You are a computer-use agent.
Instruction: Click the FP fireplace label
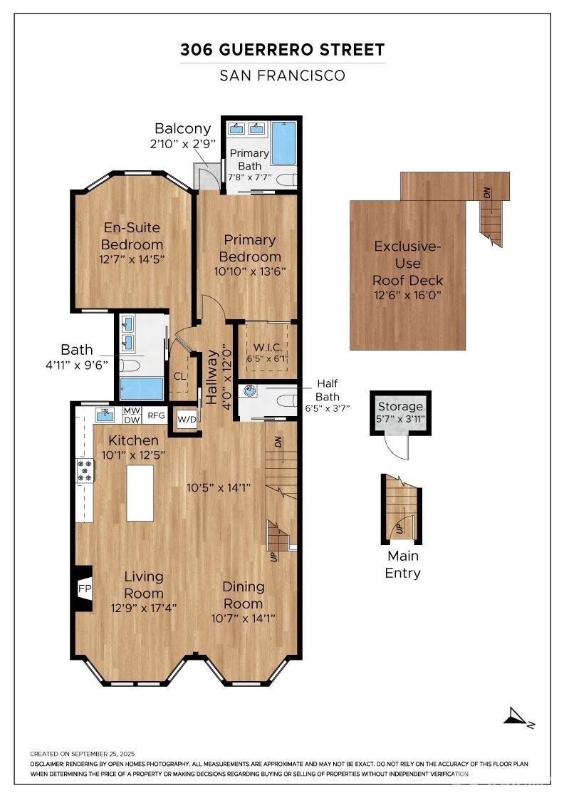pos(84,589)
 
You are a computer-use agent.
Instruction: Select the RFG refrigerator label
pos(156,415)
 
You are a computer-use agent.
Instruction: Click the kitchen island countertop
pos(140,493)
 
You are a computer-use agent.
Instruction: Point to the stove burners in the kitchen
pos(85,470)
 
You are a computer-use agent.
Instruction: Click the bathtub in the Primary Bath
pos(283,142)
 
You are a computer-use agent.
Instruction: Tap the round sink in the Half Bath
pos(250,391)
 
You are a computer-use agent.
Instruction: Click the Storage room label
pos(400,407)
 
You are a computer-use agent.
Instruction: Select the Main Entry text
pos(402,564)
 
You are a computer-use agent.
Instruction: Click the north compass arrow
pos(517,717)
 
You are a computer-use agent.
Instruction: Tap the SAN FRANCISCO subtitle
pos(282,76)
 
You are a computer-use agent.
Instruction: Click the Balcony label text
pos(183,129)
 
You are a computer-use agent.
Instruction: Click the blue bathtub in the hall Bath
pos(142,389)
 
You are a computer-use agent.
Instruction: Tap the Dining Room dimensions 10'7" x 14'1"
pos(244,618)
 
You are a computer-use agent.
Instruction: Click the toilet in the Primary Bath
pos(286,180)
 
